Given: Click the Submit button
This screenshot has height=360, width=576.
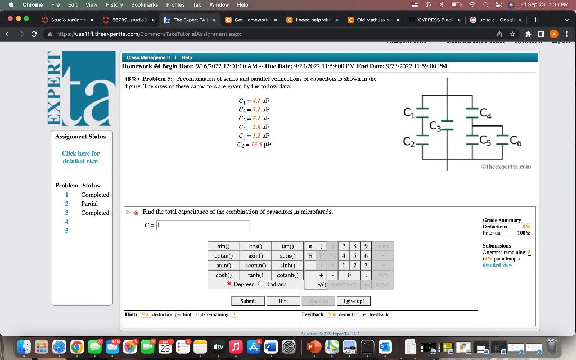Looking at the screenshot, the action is pos(247,301).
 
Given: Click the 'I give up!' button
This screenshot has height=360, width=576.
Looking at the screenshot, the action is pos(357,301).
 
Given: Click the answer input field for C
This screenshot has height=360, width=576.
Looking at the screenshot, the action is pos(202,225).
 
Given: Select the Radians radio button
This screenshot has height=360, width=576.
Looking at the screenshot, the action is pos(261,284).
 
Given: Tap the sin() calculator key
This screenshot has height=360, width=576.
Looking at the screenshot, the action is pos(223,246).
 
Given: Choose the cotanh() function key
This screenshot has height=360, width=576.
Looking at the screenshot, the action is pos(287,275).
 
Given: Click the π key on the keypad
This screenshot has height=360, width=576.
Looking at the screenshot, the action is pos(310,246).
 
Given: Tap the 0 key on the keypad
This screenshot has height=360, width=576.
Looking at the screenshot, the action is pos(349,275).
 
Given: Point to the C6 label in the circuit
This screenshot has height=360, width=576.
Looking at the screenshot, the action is pos(515,142).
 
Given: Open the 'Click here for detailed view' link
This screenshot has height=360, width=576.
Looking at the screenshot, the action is pos(80,157).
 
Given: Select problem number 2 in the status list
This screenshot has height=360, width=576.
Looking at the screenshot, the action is pos(66,204).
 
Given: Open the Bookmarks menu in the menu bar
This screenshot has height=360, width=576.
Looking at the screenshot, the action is pos(145,4).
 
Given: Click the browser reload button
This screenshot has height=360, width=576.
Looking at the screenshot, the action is pos(35,34).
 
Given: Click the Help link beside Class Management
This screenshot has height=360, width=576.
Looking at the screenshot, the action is pos(187,57).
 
